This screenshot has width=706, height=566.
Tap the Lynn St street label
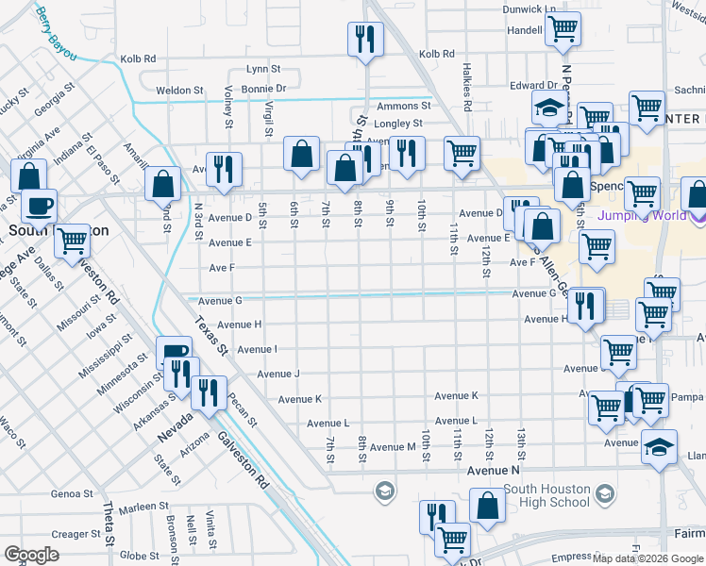[x=263, y=69]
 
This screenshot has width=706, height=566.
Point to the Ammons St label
[x=403, y=106]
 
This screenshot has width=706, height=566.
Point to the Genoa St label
[x=72, y=493]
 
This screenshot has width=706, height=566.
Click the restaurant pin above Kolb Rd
[x=364, y=39]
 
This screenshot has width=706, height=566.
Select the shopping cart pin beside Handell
[x=563, y=30]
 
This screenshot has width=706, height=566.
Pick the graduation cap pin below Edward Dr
[x=548, y=108]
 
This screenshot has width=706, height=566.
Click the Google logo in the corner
[x=31, y=555]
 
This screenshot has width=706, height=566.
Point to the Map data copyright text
[x=648, y=558]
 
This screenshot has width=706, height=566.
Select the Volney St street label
[x=228, y=106]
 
